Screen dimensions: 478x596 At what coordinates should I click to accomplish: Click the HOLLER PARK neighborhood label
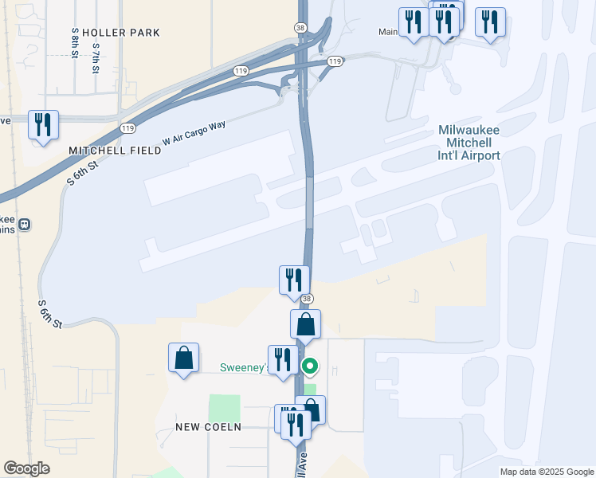pyautogui.click(x=121, y=33)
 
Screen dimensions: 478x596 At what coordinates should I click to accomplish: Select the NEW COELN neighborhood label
pyautogui.click(x=208, y=427)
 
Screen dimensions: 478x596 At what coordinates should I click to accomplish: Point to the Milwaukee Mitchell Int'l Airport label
pyautogui.click(x=469, y=143)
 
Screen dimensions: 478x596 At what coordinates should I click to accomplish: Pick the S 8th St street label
pyautogui.click(x=74, y=41)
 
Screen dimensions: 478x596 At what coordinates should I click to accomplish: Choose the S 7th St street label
pyautogui.click(x=96, y=57)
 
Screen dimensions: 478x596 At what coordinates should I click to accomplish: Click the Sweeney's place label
pyautogui.click(x=242, y=368)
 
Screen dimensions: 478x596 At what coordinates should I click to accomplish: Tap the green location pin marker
pyautogui.click(x=310, y=366)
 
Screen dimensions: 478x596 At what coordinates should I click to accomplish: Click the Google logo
pyautogui.click(x=26, y=468)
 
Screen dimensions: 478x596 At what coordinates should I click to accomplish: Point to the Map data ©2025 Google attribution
pyautogui.click(x=546, y=472)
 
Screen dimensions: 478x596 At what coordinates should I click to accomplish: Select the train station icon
pyautogui.click(x=25, y=224)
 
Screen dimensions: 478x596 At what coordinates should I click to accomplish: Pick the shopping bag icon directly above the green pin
pyautogui.click(x=305, y=324)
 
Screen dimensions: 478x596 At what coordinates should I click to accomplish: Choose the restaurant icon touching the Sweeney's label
pyautogui.click(x=282, y=359)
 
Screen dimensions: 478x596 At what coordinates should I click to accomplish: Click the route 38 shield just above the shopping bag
pyautogui.click(x=306, y=299)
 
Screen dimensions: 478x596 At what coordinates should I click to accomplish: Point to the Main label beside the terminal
pyautogui.click(x=387, y=33)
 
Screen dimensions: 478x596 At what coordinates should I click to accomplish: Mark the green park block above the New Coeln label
pyautogui.click(x=224, y=408)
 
